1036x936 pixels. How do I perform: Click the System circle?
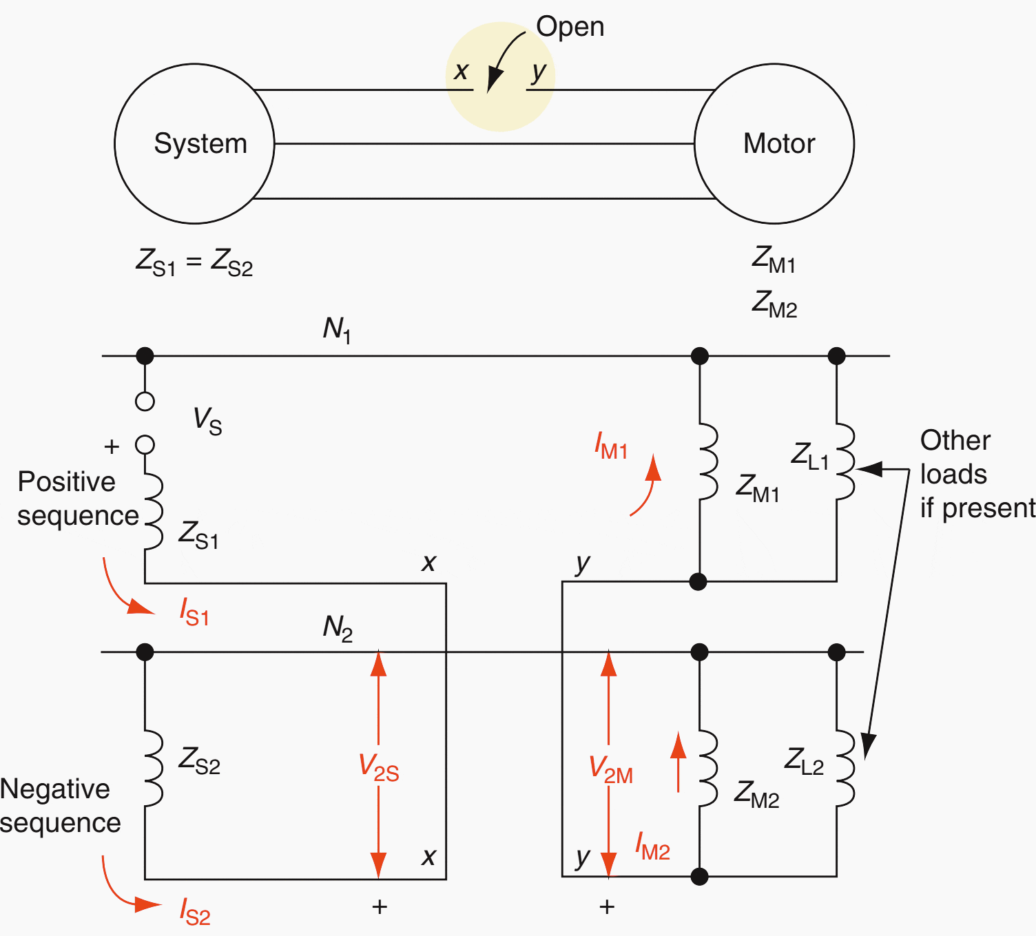(194, 144)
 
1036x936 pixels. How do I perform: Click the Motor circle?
(774, 144)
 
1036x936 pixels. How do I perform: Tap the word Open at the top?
(570, 27)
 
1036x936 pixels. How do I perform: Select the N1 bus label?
(337, 330)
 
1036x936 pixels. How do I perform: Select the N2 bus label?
(338, 628)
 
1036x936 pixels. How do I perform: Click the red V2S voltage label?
(379, 767)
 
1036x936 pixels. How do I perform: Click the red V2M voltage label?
(610, 769)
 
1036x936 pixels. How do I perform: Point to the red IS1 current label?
(194, 612)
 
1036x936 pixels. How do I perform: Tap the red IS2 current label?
(195, 911)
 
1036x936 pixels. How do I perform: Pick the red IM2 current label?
(652, 846)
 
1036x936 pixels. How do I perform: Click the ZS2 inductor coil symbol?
(152, 768)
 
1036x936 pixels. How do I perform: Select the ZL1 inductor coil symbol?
(845, 460)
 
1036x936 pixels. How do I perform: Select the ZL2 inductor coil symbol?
(845, 768)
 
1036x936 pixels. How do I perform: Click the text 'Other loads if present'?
(977, 474)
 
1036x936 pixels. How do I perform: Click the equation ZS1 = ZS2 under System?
(194, 262)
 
